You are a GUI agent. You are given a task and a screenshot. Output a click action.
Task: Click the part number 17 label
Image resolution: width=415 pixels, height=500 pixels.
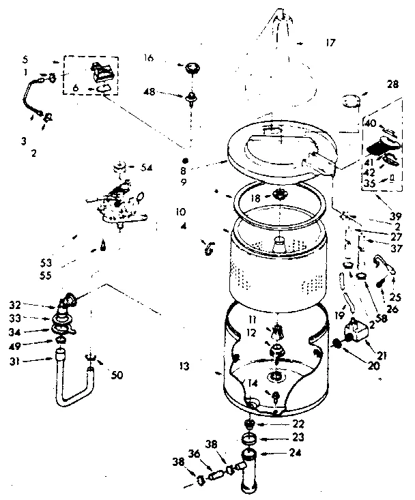coord(330,42)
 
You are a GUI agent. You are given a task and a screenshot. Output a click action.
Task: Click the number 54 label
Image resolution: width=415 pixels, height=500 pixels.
coord(146,168)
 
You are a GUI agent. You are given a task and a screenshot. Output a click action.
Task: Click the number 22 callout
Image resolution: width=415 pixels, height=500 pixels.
coord(298,424)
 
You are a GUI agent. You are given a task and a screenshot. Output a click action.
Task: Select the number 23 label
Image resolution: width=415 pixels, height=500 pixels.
coord(298,437)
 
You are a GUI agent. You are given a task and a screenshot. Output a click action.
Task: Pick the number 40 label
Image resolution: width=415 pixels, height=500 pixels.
coord(369,123)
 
